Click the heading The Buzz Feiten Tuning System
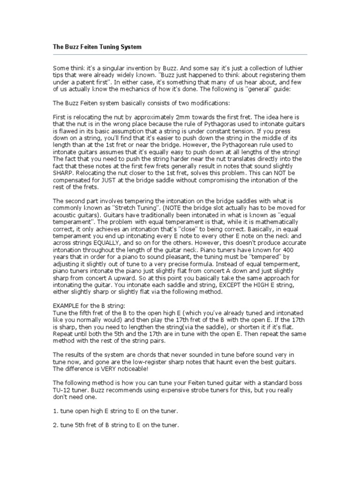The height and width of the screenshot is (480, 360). pos(97,47)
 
